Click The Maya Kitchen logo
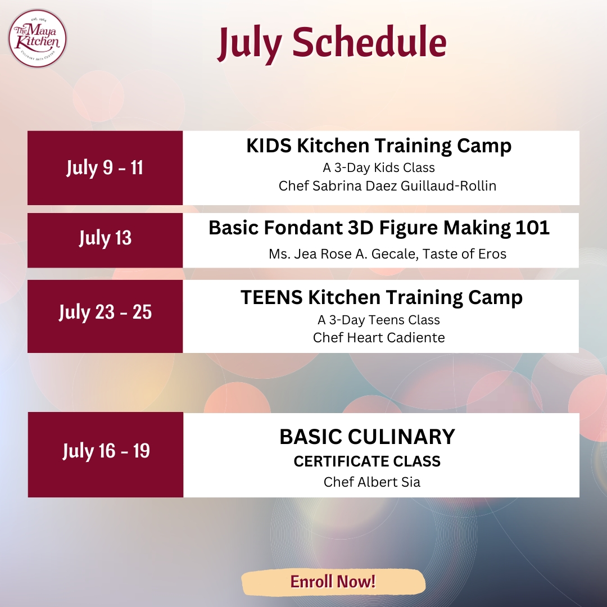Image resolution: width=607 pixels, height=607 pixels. pos(38,39)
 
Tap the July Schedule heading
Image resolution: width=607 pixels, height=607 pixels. pos(332,43)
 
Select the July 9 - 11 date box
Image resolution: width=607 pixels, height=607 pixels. pos(105,167)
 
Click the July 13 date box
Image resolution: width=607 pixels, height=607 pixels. pos(105,240)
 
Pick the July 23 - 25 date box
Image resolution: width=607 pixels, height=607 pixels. pos(105,316)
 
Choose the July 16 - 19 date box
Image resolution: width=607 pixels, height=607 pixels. pos(105,455)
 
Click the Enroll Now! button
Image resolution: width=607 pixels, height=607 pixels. pos(333,582)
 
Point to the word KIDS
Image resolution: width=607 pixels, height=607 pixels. pos(269,146)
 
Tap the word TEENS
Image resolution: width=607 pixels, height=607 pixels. pos(271,298)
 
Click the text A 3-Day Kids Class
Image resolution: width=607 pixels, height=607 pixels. pos(379,167)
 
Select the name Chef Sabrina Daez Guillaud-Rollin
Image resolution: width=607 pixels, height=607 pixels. pos(387,186)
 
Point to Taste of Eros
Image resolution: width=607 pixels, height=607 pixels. pos(464,254)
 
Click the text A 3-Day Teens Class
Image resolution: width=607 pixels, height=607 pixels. pos(379,320)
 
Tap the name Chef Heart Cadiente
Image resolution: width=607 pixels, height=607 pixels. pos(379,338)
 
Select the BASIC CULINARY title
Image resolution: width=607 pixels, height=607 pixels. pos(367,437)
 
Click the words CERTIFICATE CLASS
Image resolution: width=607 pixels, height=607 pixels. pos(367,461)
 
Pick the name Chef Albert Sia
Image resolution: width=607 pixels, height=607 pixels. pos(372,482)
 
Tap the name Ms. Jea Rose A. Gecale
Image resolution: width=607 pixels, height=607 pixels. pos(343,254)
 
